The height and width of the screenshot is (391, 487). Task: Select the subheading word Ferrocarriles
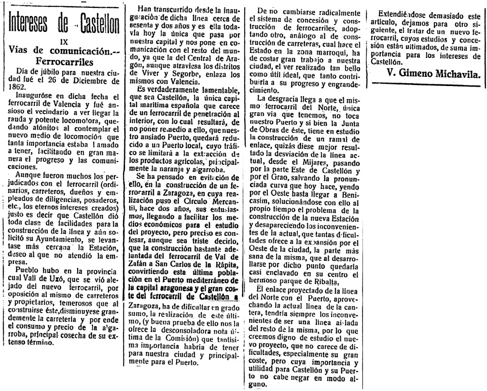63,61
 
